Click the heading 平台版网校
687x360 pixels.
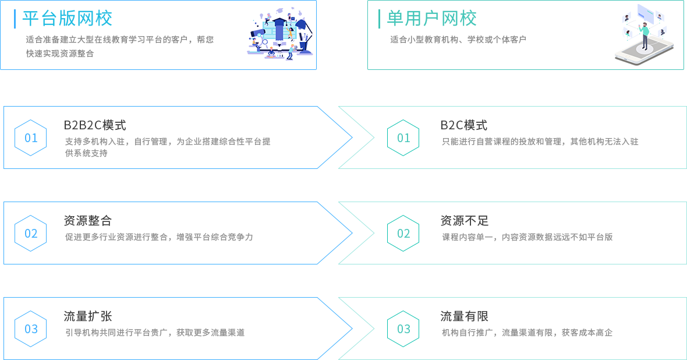coord(69,19)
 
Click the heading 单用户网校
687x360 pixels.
coord(433,19)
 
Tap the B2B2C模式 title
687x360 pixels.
coord(94,125)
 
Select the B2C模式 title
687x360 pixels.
coord(463,125)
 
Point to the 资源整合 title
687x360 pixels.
coord(87,221)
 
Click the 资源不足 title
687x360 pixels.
coord(464,221)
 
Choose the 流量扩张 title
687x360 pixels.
coord(87,316)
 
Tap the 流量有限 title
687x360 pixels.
coord(464,316)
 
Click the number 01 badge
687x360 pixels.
coord(403,138)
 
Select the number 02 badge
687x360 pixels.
coord(403,234)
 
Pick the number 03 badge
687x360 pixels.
coord(403,329)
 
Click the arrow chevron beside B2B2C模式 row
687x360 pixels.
coord(346,137)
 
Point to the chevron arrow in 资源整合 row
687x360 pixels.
coord(346,233)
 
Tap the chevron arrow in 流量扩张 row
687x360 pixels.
coord(346,329)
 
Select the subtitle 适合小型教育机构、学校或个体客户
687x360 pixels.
coord(458,40)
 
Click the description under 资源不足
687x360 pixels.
coord(526,237)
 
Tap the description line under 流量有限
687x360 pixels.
coord(526,333)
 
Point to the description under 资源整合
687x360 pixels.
coord(159,237)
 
